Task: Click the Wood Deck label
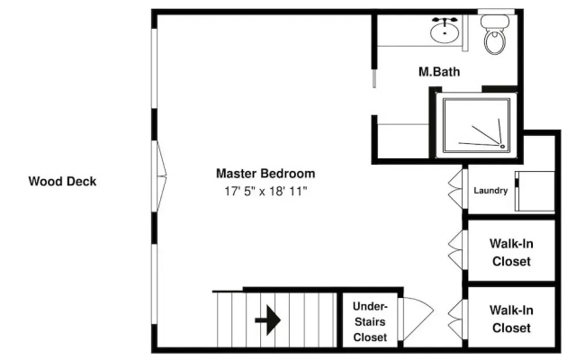click(62, 181)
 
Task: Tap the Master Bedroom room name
click(265, 174)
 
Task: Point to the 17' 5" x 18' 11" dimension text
click(265, 191)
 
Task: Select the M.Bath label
click(439, 71)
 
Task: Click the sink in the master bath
click(445, 32)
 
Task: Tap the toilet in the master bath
click(495, 34)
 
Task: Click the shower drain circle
click(502, 147)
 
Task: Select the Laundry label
click(490, 190)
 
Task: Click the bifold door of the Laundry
click(455, 188)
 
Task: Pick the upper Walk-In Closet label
click(511, 252)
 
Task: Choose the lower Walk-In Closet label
click(511, 319)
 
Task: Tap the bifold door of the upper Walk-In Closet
click(455, 250)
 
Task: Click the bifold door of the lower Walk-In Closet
click(455, 319)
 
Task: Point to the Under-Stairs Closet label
click(370, 321)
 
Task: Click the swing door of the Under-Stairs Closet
click(417, 319)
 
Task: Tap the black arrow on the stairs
click(268, 320)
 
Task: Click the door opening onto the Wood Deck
click(160, 176)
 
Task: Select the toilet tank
click(495, 22)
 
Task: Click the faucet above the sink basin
click(445, 21)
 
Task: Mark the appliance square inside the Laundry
click(535, 191)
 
